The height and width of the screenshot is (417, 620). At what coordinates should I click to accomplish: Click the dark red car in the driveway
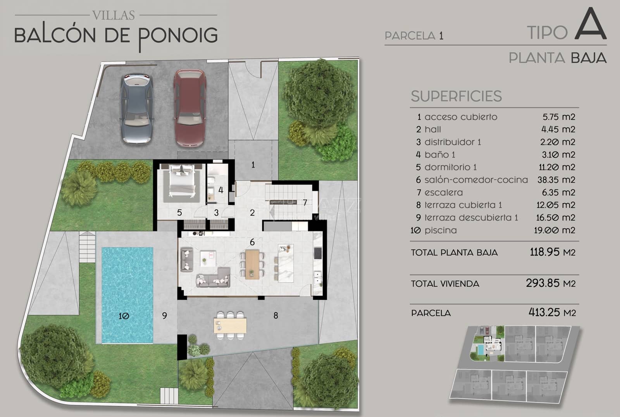click(189, 108)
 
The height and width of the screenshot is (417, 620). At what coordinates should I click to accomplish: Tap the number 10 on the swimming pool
click(124, 316)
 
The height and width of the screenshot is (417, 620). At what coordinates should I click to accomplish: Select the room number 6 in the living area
click(252, 242)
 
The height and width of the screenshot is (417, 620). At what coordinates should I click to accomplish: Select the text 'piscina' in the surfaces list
click(440, 230)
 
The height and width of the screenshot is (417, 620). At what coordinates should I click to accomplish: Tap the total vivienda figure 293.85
click(542, 283)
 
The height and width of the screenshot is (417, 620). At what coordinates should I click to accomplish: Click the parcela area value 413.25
click(544, 312)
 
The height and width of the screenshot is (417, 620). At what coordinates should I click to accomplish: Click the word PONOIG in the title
click(178, 36)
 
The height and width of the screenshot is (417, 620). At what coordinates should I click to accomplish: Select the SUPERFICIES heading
click(456, 96)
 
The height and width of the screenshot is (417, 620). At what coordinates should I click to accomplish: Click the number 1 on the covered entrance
click(253, 165)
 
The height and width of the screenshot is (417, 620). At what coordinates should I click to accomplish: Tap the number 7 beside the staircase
click(305, 202)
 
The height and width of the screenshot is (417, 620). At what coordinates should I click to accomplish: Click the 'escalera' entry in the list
click(443, 192)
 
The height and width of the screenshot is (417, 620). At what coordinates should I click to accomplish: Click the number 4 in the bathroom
click(221, 190)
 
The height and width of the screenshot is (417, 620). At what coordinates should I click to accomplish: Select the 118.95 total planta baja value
click(544, 252)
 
